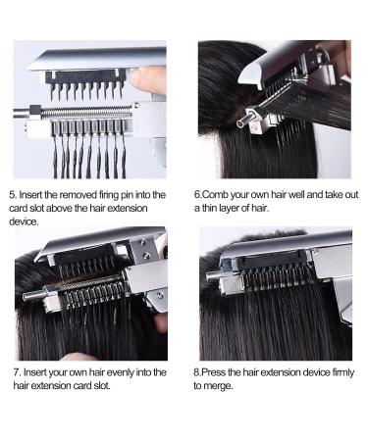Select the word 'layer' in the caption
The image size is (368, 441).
coord(236,209)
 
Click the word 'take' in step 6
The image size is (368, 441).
coord(339,195)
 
